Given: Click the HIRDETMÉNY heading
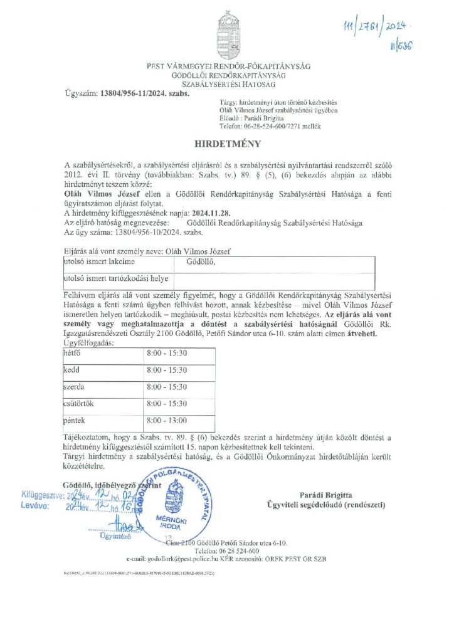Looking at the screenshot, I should (227, 144).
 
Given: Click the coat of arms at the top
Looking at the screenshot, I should (227, 33).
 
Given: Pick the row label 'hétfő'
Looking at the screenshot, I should (73, 354).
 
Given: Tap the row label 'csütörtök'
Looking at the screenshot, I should (79, 403).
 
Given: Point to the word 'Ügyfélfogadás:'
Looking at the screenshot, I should (91, 344).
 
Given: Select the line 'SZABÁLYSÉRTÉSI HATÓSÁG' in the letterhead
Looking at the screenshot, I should (228, 83).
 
